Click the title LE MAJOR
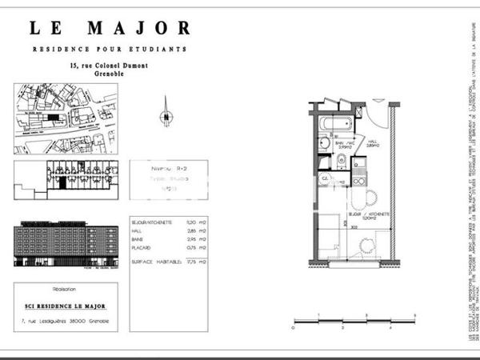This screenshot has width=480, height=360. pos(110,29)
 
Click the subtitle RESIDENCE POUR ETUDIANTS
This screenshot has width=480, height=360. pos(110,50)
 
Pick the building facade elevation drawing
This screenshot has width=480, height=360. pos(64,244)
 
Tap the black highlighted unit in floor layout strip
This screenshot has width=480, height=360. pos(62,182)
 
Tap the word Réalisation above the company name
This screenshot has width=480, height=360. pos(64,289)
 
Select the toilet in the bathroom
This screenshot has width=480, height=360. pos(341,159)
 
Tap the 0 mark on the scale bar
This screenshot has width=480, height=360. pos(294,328)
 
